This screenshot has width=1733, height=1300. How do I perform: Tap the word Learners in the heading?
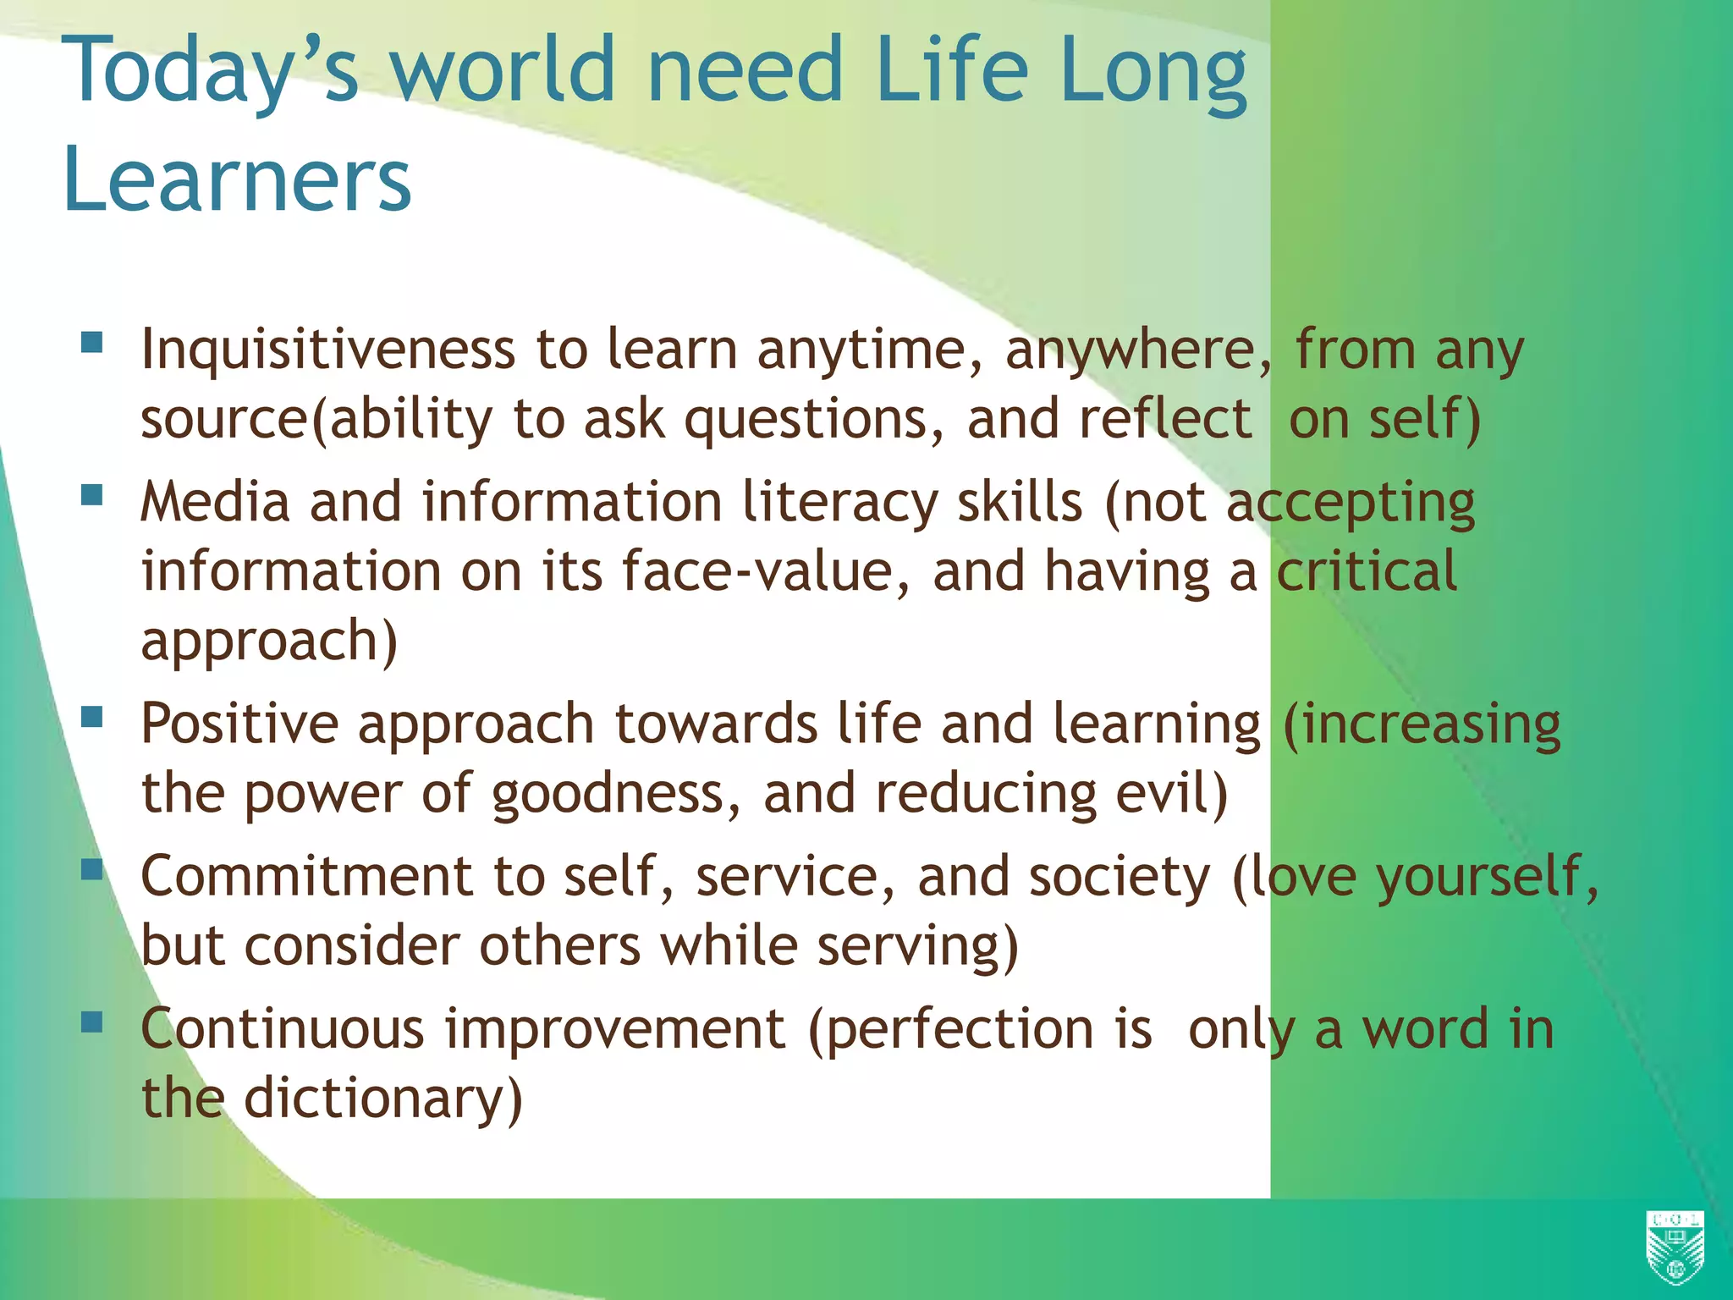(237, 179)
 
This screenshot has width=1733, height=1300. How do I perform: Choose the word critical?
(1366, 571)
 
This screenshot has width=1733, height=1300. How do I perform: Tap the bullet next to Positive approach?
(91, 717)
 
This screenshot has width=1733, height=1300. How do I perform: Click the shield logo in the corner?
(1675, 1247)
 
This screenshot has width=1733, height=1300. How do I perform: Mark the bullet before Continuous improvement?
(91, 1022)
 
